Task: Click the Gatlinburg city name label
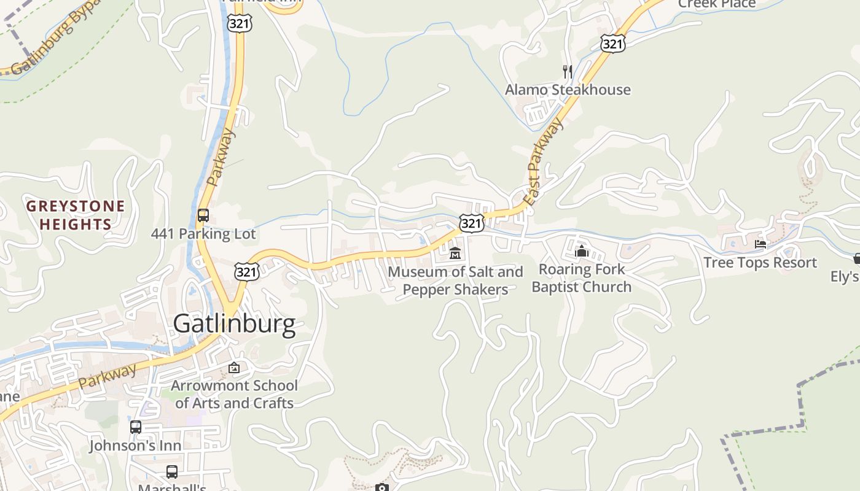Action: coord(234,323)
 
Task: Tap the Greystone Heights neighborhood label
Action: coord(76,214)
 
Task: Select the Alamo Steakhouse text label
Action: coord(568,90)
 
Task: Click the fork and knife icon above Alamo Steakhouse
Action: coord(568,72)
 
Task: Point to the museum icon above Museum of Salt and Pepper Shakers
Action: coord(455,252)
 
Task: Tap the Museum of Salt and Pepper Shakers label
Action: coord(455,280)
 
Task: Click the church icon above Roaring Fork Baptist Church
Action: coord(582,250)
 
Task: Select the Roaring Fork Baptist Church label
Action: coord(581,278)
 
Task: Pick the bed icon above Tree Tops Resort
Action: coord(760,244)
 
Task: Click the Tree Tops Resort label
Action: coord(760,263)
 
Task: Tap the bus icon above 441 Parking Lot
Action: coord(203,215)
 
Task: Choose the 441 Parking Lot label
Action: coord(203,234)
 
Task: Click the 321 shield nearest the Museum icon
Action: coord(471,223)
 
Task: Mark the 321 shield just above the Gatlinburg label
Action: coord(246,271)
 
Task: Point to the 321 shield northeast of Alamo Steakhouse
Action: coord(612,43)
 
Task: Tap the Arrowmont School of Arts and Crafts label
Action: coord(234,394)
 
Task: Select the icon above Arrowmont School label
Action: coord(233,368)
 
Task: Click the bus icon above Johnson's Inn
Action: coord(136,427)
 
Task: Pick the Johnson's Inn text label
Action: coord(136,446)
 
